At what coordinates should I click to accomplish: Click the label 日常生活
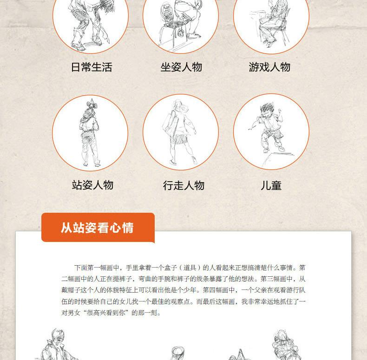pos(92,67)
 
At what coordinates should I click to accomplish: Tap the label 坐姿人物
pos(181,67)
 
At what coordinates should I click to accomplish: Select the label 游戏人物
pos(269,67)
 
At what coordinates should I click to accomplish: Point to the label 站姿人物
pos(93,185)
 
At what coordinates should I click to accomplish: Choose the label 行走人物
pos(184,185)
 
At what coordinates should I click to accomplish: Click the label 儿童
pos(271,185)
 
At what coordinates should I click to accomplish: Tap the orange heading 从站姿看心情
pos(97,228)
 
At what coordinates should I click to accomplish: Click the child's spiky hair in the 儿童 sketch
pos(267,108)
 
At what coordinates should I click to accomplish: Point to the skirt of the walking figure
pos(178,140)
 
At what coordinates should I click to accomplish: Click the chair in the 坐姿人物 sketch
pos(171,25)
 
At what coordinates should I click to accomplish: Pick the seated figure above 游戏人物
pos(273,24)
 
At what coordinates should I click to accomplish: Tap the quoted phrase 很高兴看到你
pos(106,313)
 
